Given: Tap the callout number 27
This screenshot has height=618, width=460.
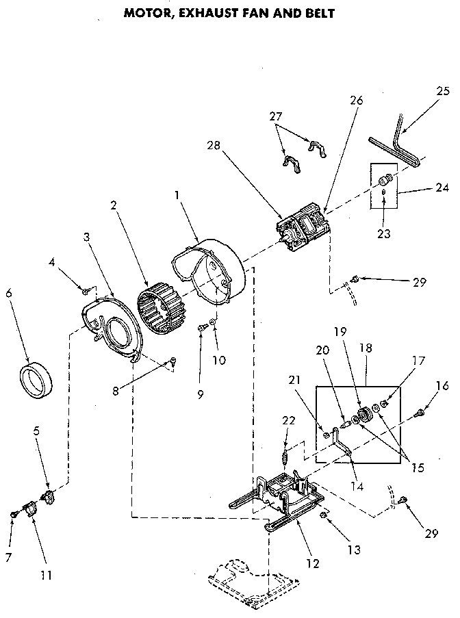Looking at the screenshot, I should tap(275, 117).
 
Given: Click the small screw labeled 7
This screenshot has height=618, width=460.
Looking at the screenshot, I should tap(14, 513).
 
